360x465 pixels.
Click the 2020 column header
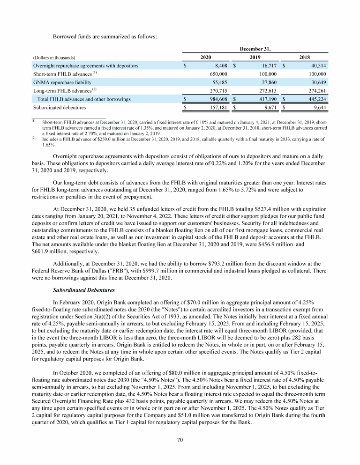(x=205, y=57)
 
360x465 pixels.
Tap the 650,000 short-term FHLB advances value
(x=217, y=74)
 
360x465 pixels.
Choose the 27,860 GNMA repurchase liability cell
(x=267, y=82)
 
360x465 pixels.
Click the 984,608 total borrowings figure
(x=217, y=99)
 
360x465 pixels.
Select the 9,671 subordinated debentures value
(x=269, y=107)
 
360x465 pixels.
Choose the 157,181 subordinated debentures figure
(x=217, y=107)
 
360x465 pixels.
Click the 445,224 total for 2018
(x=317, y=99)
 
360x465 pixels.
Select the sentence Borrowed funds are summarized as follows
(x=97, y=36)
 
